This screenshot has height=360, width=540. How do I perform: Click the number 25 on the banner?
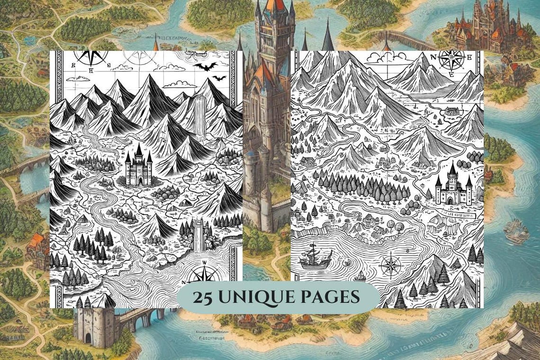tap(202, 297)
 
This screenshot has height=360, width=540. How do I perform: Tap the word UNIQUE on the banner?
tap(258, 297)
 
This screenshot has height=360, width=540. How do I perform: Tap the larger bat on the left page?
tap(205, 66)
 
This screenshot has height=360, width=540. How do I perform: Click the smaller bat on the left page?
tap(219, 78)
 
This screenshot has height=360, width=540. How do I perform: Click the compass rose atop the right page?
tap(451, 61)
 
